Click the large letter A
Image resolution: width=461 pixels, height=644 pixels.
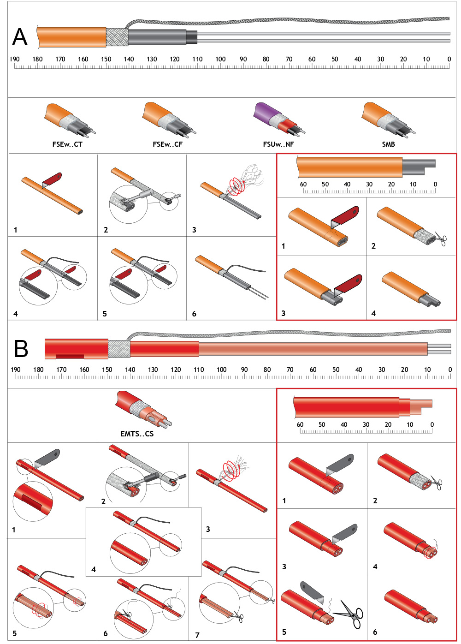[x=20, y=37]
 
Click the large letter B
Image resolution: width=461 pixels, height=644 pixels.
[x=21, y=349]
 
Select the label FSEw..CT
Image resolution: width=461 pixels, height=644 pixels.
[x=67, y=144]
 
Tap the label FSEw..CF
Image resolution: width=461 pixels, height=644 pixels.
[x=167, y=144]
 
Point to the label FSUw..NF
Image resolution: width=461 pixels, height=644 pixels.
[x=278, y=144]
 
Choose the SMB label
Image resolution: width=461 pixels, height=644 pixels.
[x=388, y=144]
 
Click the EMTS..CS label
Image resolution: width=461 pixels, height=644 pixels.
[x=137, y=434]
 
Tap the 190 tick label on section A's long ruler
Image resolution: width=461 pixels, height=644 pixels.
[x=15, y=59]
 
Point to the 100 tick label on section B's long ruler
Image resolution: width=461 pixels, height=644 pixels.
[x=221, y=370]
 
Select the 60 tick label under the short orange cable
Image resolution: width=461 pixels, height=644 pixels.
[x=303, y=184]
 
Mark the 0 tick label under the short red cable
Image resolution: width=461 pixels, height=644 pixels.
[x=432, y=424]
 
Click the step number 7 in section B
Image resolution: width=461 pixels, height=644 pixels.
[x=197, y=635]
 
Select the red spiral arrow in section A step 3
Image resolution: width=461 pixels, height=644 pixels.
[x=236, y=186]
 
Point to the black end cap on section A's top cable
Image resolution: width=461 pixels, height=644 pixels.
[x=192, y=37]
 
